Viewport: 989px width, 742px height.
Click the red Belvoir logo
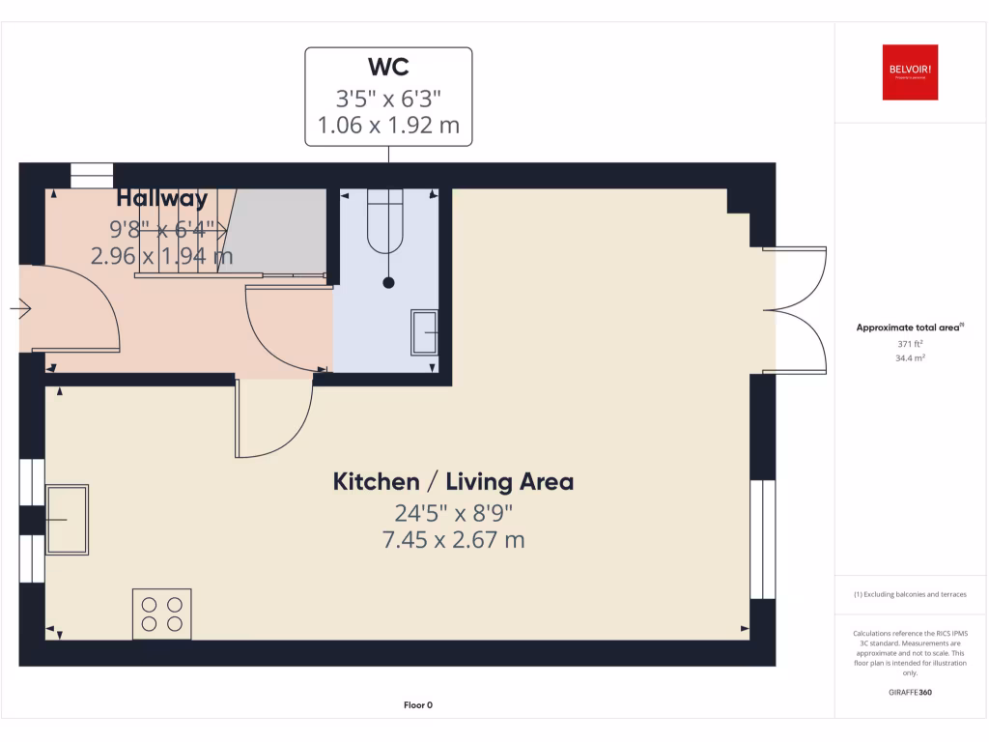[x=910, y=71]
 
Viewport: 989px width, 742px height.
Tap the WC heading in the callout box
[x=388, y=68]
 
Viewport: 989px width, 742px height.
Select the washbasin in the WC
[x=425, y=333]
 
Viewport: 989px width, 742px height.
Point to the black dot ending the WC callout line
[x=388, y=283]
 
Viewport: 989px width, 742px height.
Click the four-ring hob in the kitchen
[x=161, y=614]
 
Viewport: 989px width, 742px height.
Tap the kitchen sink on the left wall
[x=67, y=519]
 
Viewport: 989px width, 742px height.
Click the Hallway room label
[x=161, y=199]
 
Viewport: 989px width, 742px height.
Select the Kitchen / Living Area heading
[x=453, y=481]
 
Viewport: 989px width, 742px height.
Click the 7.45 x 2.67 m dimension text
[x=453, y=539]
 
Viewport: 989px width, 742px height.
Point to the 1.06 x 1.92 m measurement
[x=388, y=125]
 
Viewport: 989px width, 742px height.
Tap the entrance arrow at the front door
[x=21, y=309]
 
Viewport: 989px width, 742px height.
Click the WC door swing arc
[x=282, y=328]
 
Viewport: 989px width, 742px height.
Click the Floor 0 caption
[x=418, y=705]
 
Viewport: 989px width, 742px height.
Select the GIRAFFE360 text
[x=909, y=692]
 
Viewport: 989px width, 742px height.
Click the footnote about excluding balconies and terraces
[x=909, y=594]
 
